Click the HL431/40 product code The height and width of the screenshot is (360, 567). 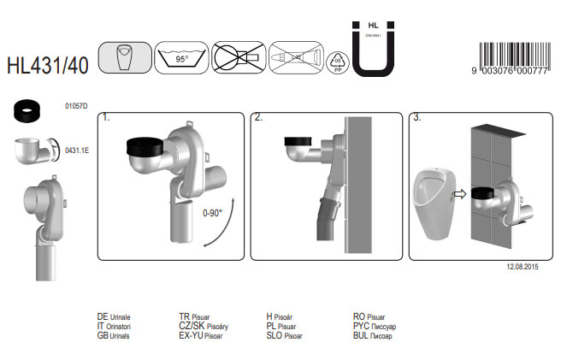pyautogui.click(x=49, y=63)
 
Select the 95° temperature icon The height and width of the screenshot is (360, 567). pyautogui.click(x=181, y=59)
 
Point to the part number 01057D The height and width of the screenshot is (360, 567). pyautogui.click(x=77, y=107)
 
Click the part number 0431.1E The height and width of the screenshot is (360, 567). pyautogui.click(x=77, y=150)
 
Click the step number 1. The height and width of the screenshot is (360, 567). pyautogui.click(x=106, y=118)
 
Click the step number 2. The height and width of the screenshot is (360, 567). pyautogui.click(x=259, y=118)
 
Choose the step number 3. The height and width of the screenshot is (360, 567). pyautogui.click(x=417, y=118)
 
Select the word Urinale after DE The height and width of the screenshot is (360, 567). pyautogui.click(x=120, y=316)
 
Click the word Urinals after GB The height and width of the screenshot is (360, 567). pyautogui.click(x=120, y=335)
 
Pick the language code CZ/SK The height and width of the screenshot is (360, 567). pyautogui.click(x=190, y=326)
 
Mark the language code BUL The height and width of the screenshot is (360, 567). pyautogui.click(x=363, y=335)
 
